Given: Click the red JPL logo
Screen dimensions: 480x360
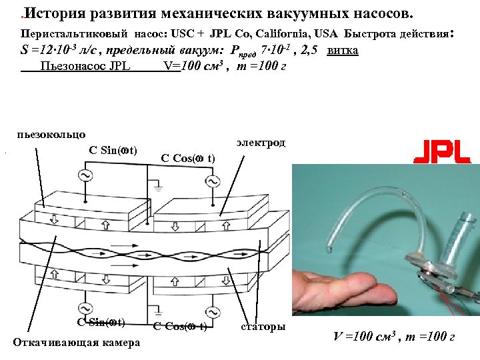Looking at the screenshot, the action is coord(443,151).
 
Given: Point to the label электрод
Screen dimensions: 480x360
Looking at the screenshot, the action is coord(261,143).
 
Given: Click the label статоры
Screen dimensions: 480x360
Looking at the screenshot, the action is coord(263,327).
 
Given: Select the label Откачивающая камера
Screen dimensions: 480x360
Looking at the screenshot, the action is coord(77,343).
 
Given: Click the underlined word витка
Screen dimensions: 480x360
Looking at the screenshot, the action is coord(343,51).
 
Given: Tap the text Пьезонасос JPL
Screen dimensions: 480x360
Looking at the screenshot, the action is coord(85,66).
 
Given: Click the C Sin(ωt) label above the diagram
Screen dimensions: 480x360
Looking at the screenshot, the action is coord(113,149).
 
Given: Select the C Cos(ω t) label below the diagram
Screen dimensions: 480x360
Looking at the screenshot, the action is coord(179,326).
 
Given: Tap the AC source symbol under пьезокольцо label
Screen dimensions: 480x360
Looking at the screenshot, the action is coord(85,176).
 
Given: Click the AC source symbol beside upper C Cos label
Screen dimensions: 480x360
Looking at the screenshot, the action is coord(213,181).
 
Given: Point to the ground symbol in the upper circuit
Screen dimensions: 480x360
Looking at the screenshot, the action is coord(158,187).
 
